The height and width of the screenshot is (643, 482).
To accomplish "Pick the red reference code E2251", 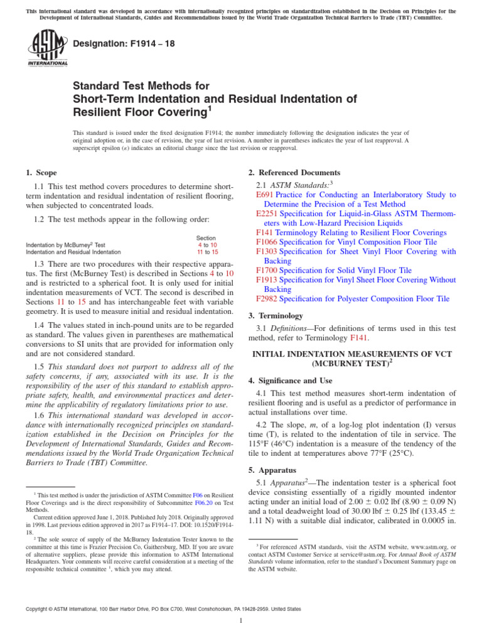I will [x=267, y=214].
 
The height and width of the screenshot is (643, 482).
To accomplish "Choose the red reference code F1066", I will [x=267, y=242].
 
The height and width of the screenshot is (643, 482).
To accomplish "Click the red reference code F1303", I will [x=267, y=251].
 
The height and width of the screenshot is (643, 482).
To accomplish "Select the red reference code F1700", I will [x=267, y=270].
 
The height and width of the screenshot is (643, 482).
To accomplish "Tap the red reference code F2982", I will [x=267, y=299].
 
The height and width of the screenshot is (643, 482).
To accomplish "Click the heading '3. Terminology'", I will [x=276, y=316].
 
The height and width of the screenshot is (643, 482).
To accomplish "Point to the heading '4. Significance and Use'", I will [x=292, y=381].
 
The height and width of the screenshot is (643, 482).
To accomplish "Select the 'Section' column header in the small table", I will [x=206, y=238].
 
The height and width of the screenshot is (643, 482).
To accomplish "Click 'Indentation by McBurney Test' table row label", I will [x=65, y=245].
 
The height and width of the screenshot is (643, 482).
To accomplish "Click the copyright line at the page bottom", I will [x=163, y=609].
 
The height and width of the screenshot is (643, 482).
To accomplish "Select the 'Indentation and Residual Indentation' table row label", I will [x=73, y=252].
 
